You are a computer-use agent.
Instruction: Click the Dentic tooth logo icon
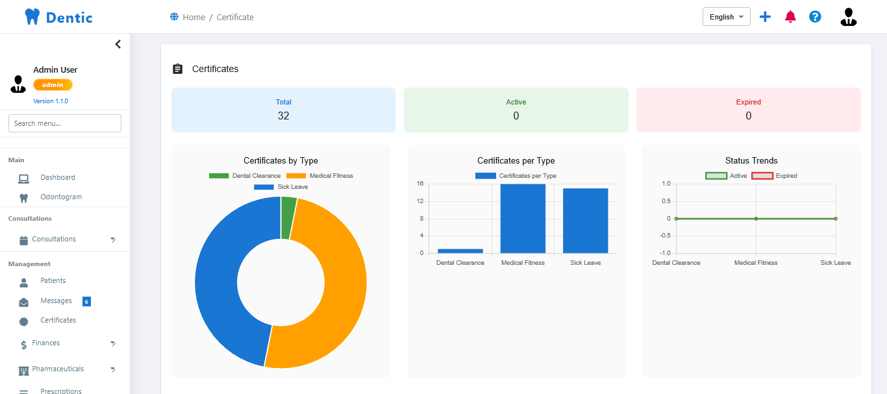point(32,17)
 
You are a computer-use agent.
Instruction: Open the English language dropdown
point(726,17)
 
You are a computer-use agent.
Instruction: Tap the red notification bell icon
point(790,17)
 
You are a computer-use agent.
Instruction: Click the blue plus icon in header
point(765,17)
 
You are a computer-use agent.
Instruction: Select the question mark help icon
point(815,17)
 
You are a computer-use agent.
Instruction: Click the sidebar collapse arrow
point(118,44)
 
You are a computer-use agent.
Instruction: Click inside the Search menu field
point(65,123)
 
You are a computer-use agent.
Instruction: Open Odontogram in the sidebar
point(61,197)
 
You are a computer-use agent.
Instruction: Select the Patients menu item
point(53,280)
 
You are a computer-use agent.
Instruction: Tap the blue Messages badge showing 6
point(86,301)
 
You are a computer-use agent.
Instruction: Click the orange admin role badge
point(53,85)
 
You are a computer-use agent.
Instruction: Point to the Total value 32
point(284,116)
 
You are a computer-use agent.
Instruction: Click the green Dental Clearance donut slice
point(288,218)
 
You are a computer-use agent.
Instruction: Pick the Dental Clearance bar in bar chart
point(460,251)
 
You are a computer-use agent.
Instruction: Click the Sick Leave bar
point(585,221)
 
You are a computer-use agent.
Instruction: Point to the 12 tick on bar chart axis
point(420,201)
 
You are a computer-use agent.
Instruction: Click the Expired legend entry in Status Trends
point(775,176)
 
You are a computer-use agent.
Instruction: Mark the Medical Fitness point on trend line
point(756,219)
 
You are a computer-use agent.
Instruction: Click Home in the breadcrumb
point(194,17)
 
